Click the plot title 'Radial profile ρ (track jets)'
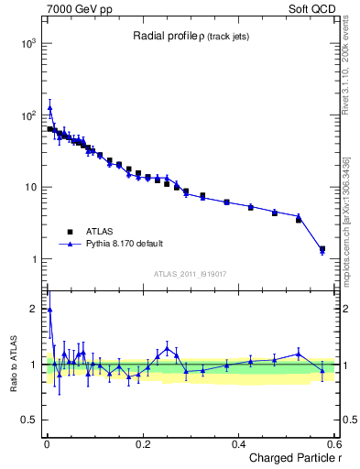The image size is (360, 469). click(190, 36)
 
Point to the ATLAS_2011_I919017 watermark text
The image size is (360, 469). click(190, 274)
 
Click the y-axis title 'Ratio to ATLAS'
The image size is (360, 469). click(14, 364)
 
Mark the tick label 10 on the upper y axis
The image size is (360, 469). click(30, 187)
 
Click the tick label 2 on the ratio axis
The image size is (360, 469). click(34, 309)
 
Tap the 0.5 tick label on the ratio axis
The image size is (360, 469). click(30, 420)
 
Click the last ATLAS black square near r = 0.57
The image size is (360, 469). click(322, 248)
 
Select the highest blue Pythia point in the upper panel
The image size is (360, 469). click(49, 107)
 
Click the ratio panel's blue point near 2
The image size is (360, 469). click(49, 310)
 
